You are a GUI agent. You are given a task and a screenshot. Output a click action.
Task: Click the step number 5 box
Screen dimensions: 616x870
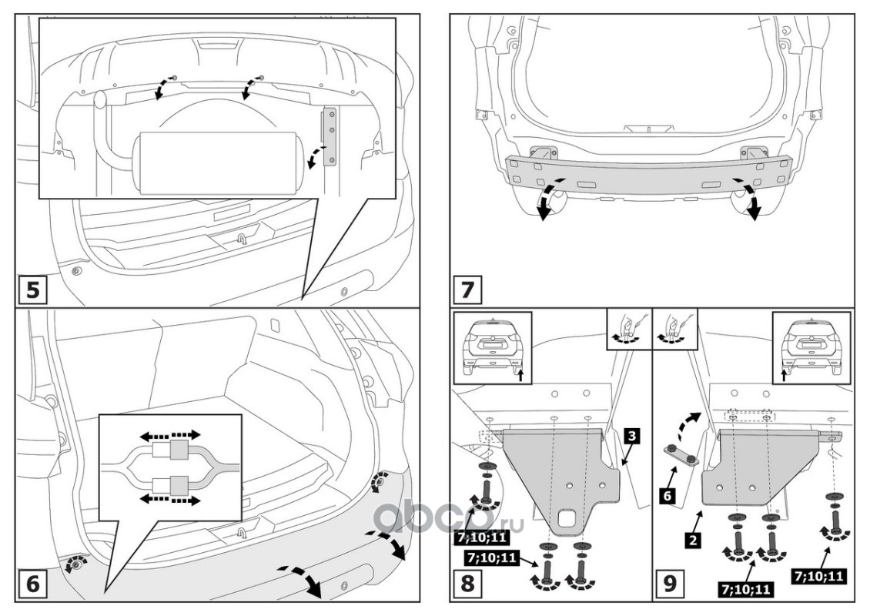click(33, 290)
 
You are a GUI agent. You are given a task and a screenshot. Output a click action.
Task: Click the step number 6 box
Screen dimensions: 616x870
click(33, 584)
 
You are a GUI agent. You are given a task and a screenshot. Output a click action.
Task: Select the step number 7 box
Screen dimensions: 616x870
click(470, 290)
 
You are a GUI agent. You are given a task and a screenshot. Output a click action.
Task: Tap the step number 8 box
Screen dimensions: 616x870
click(470, 584)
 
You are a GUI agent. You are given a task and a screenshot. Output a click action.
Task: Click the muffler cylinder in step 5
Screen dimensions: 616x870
click(218, 162)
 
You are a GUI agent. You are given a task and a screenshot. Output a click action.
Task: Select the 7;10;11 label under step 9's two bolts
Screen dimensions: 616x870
click(746, 590)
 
